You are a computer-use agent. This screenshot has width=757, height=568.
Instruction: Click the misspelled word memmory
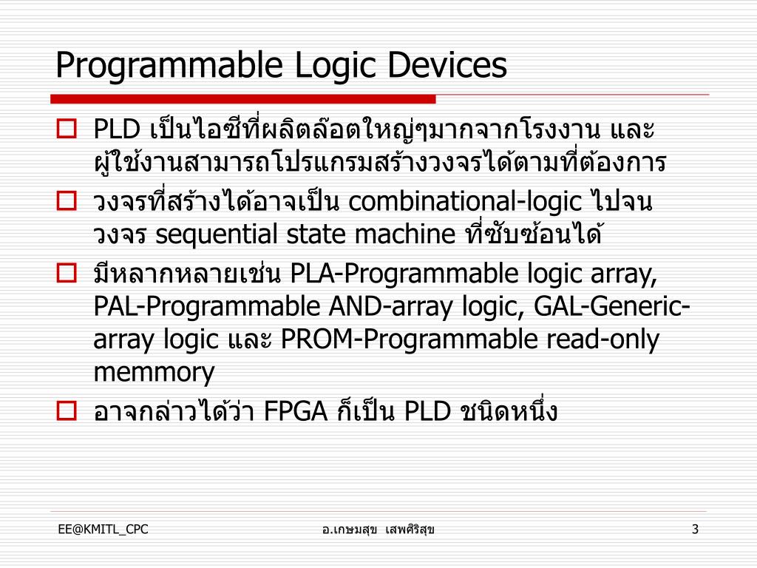pyautogui.click(x=154, y=372)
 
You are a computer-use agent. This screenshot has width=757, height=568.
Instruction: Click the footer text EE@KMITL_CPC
pyautogui.click(x=103, y=529)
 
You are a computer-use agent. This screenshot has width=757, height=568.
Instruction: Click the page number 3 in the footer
pyautogui.click(x=695, y=529)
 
